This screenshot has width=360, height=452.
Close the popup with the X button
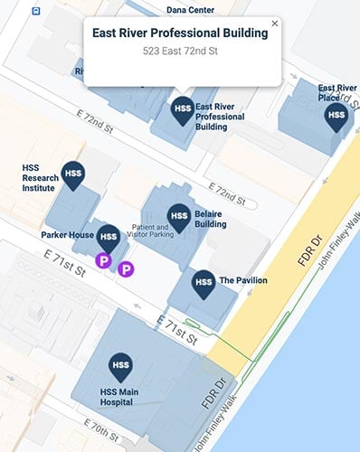pyautogui.click(x=275, y=24)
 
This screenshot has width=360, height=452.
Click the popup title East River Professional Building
pyautogui.click(x=180, y=33)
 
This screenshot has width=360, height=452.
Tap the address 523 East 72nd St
pyautogui.click(x=180, y=52)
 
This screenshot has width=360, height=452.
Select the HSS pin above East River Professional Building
pyautogui.click(x=182, y=109)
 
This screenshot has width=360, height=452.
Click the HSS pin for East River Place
pyautogui.click(x=336, y=116)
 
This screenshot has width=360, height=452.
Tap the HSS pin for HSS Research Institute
pyautogui.click(x=72, y=174)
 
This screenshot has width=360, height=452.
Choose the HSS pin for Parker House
pyautogui.click(x=109, y=239)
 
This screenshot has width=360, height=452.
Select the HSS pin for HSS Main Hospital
pyautogui.click(x=120, y=366)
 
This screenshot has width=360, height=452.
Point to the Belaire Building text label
pyautogui.click(x=210, y=219)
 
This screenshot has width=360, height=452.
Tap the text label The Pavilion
pyautogui.click(x=243, y=281)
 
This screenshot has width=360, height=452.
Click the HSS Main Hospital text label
pyautogui.click(x=120, y=398)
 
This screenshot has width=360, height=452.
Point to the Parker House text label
pyautogui.click(x=68, y=235)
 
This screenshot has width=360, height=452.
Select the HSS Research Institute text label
pyautogui.click(x=40, y=178)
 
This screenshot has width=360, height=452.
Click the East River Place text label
pyautogui.click(x=336, y=93)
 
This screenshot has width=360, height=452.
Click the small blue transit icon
pyautogui.click(x=36, y=12)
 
